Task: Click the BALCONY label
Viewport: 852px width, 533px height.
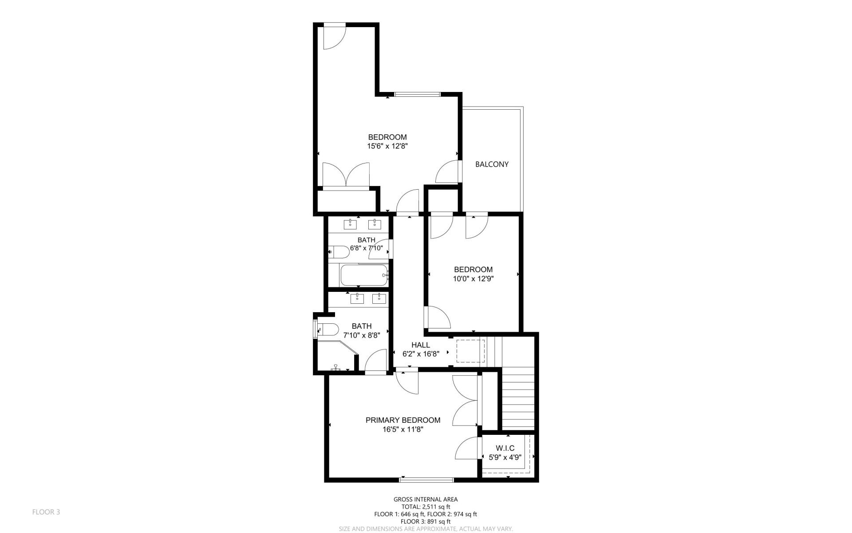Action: (x=492, y=164)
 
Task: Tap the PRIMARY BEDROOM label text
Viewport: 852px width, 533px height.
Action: (x=402, y=420)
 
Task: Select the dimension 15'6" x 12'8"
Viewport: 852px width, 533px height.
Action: (x=387, y=146)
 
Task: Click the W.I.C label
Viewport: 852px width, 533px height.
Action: (x=505, y=448)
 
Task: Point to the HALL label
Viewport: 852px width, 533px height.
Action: (x=420, y=345)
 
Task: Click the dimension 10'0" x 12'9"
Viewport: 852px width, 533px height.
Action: (x=473, y=279)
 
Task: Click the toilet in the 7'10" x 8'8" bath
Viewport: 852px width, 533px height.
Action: (x=327, y=330)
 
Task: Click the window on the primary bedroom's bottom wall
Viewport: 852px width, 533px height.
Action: (x=426, y=480)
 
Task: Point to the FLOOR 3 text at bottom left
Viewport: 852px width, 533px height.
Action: (x=46, y=512)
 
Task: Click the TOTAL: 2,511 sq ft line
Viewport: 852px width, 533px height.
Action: (x=426, y=507)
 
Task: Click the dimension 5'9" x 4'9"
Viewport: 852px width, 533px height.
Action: (x=505, y=457)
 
